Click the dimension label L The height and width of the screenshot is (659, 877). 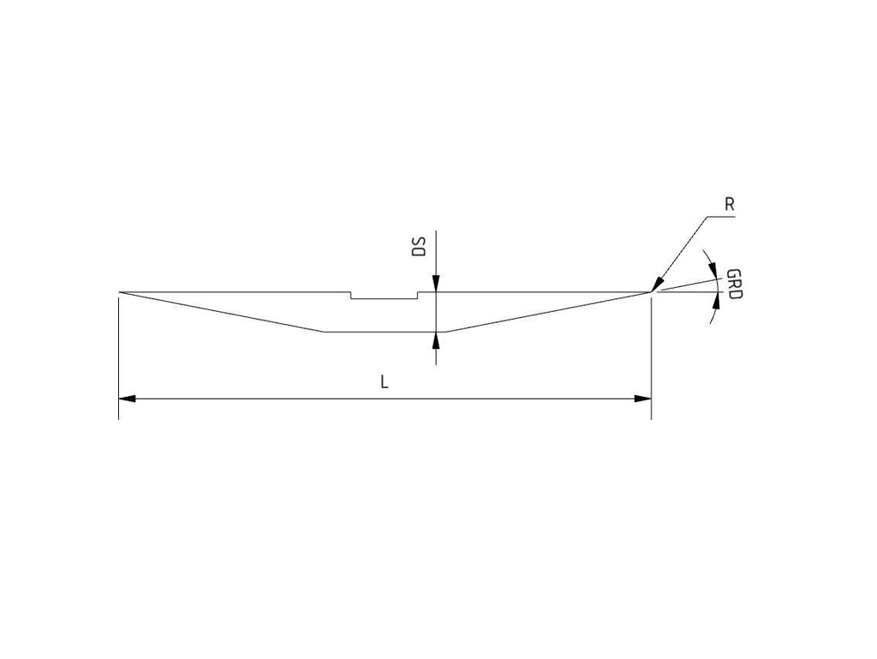385,382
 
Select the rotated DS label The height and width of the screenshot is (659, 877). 418,247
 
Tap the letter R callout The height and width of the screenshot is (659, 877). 730,205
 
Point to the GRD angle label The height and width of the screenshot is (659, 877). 733,284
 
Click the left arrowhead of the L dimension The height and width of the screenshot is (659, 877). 127,398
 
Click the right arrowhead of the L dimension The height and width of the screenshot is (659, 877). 643,398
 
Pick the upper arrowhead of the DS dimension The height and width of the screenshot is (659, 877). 436,284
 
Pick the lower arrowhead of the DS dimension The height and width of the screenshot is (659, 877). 436,340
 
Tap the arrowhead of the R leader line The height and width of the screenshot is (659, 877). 657,285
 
